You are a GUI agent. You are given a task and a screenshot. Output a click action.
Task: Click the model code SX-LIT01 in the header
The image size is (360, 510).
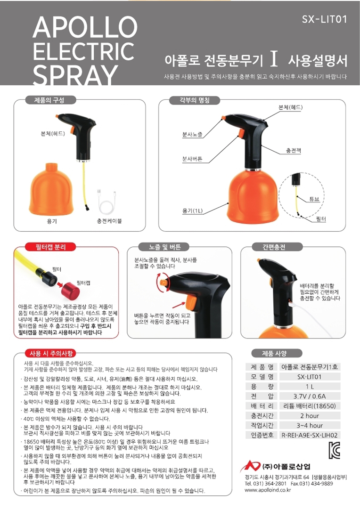pos(324,19)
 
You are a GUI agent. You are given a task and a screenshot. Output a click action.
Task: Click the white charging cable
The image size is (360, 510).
pos(109,202)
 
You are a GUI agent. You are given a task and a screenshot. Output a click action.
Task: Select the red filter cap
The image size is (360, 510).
pos(71,290)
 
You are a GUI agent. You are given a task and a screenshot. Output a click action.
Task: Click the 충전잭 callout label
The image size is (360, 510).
pos(293,151)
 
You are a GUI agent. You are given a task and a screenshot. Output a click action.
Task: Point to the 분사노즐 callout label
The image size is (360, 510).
pos(192,134)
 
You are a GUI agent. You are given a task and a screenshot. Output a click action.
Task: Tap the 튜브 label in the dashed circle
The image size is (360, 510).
pos(314,199)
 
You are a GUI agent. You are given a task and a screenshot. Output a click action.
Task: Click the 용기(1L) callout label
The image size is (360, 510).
pos(192,211)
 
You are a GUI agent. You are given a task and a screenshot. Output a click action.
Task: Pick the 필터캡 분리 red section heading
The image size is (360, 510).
pos(50,247)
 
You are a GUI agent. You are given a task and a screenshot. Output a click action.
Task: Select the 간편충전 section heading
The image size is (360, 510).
pos(274,247)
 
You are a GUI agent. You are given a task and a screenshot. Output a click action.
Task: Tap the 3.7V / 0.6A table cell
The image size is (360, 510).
pos(309,396)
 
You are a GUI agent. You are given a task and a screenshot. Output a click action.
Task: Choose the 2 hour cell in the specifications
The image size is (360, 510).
pos(310,416)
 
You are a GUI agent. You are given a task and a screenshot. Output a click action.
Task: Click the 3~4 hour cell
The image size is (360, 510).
pos(310,425)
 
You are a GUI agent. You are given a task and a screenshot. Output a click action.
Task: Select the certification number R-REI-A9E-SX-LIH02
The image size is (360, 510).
pos(310,435)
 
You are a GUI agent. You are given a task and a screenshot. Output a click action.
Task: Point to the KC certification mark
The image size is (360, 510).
pos(335,451)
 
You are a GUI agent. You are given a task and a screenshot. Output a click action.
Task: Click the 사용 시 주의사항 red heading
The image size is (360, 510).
pos(51,353)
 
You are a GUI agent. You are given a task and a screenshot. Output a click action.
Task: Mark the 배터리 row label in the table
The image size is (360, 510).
pos(262,406)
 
